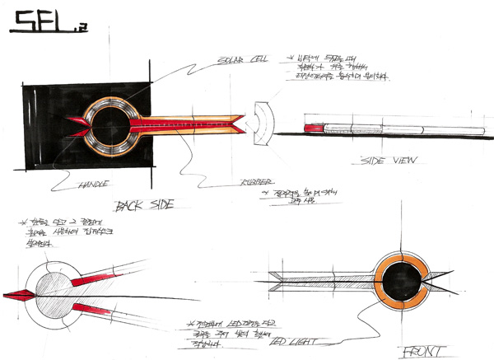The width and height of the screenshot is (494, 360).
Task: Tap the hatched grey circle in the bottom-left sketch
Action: tap(59, 289)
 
